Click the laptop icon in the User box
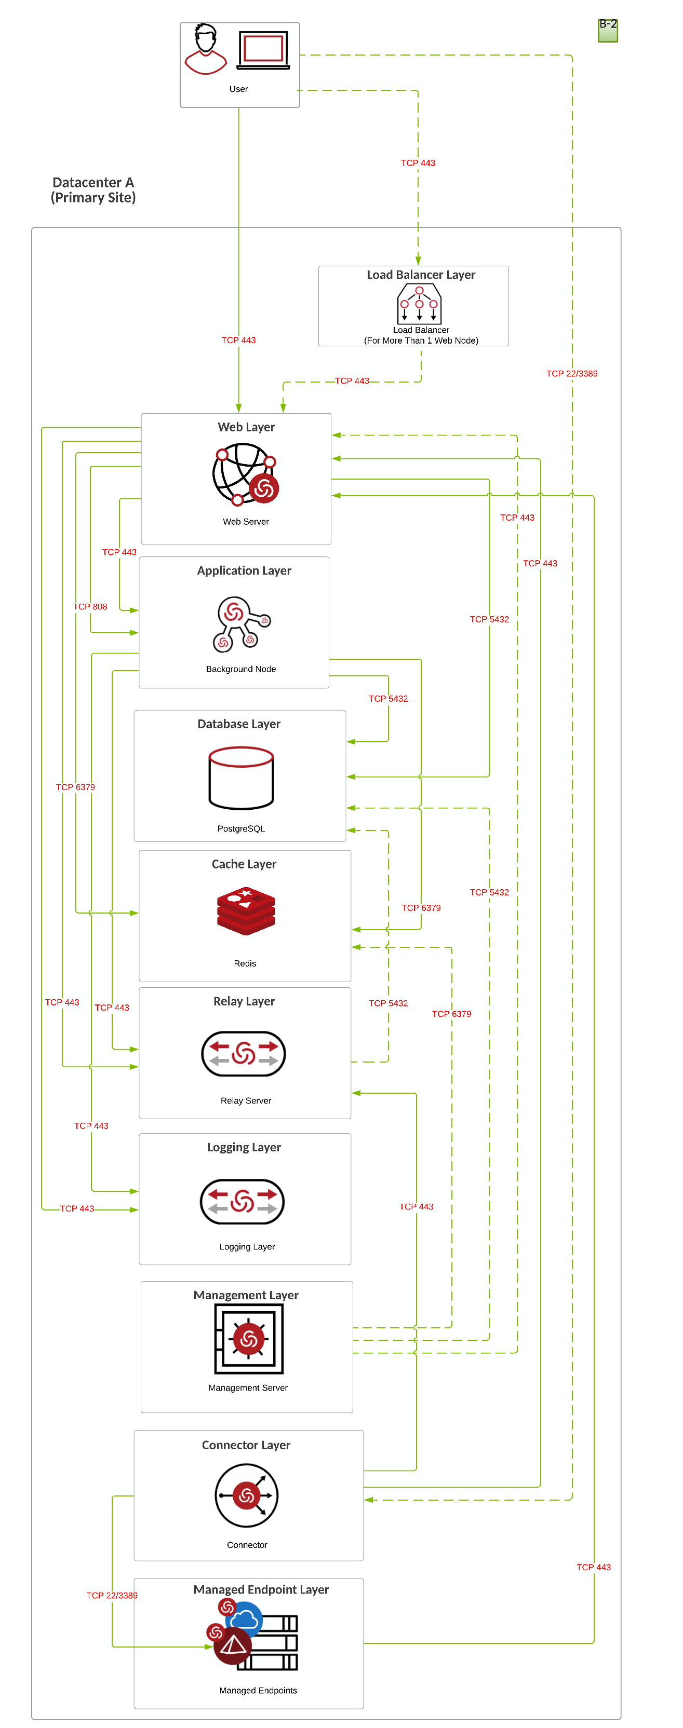click(x=263, y=50)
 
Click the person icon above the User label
click(x=206, y=49)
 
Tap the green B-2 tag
click(x=608, y=30)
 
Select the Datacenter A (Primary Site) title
click(x=93, y=190)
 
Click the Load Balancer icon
click(x=419, y=304)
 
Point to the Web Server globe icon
click(x=244, y=474)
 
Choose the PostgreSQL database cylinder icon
click(x=242, y=778)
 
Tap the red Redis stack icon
click(x=246, y=910)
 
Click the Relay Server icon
click(x=244, y=1053)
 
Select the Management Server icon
click(x=249, y=1339)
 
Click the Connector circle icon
click(x=246, y=1495)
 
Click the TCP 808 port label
click(x=90, y=606)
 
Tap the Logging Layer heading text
click(x=244, y=1147)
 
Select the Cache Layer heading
click(x=244, y=864)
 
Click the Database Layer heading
click(x=239, y=724)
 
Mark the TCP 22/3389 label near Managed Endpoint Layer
click(x=112, y=1595)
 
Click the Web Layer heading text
click(x=246, y=427)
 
